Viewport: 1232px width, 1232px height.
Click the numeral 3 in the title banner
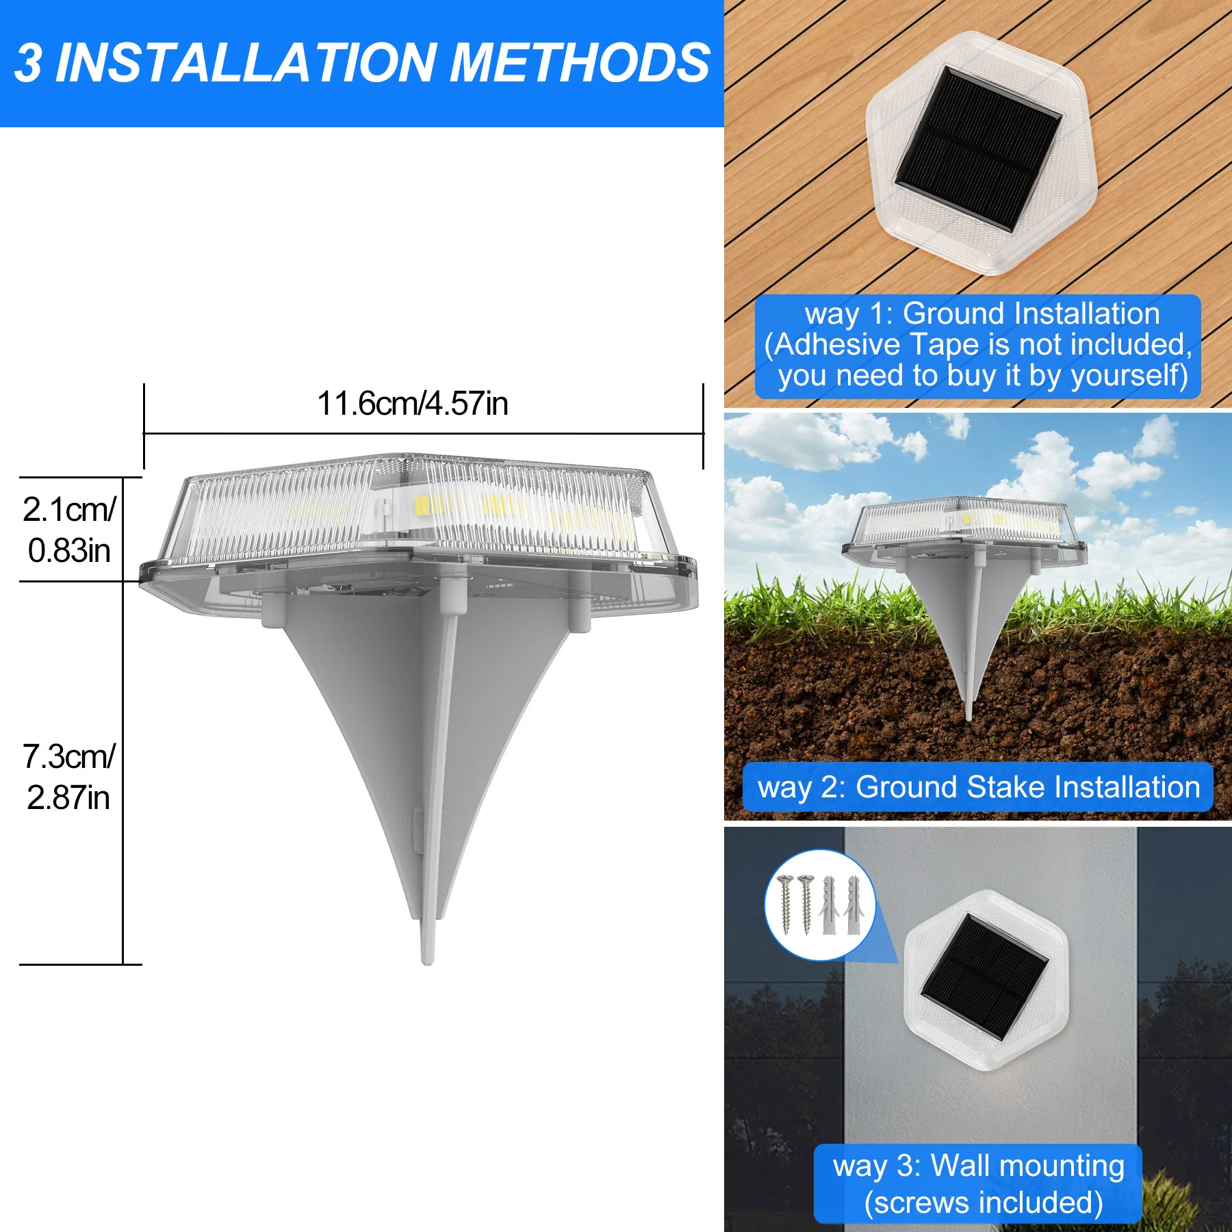point(28,63)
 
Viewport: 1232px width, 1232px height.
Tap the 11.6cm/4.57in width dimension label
point(413,403)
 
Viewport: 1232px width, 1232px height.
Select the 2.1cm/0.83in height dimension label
point(68,530)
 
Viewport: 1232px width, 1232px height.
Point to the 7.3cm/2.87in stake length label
point(68,777)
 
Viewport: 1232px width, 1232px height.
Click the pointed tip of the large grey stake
point(428,958)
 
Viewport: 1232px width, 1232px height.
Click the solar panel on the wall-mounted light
point(985,977)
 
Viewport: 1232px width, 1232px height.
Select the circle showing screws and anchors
point(820,905)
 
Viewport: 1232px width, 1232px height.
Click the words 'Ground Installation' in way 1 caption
point(1031,313)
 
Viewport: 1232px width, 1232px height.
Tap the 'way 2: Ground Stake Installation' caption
point(978,787)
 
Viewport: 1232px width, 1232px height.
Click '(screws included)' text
point(984,1203)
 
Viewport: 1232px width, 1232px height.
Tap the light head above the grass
point(964,527)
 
